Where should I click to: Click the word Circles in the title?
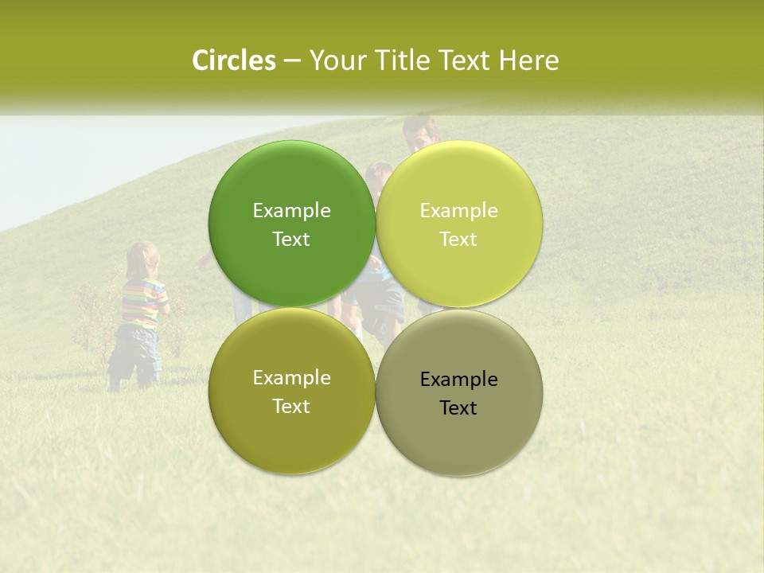[234, 60]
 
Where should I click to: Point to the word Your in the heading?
[337, 60]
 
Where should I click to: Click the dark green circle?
[291, 224]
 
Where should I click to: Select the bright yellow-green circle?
[458, 224]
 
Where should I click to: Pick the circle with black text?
[458, 392]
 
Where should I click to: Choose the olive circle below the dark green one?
[291, 391]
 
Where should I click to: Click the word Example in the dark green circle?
[291, 210]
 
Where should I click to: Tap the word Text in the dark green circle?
[291, 239]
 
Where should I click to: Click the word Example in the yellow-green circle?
[458, 210]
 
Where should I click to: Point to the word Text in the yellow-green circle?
[458, 239]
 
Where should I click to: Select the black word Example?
[458, 379]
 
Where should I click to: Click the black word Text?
[458, 407]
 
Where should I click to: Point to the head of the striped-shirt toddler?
[143, 259]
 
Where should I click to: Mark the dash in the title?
[292, 61]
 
